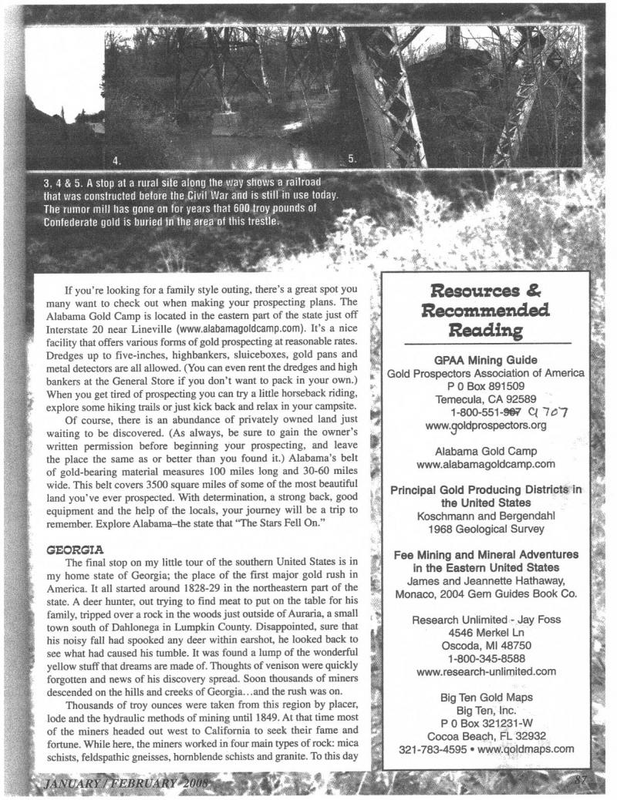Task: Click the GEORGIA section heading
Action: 66,465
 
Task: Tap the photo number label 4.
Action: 117,161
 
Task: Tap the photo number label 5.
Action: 352,160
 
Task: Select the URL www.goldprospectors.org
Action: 485,424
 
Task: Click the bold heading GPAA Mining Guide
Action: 486,358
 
